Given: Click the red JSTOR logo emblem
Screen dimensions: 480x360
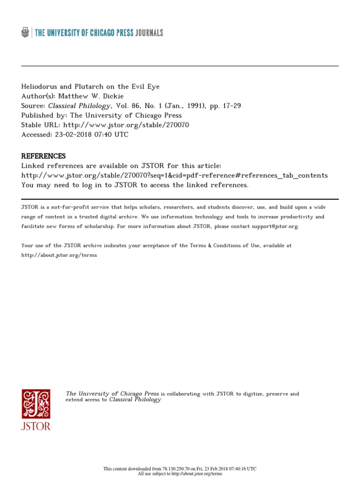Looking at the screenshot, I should coord(36,404).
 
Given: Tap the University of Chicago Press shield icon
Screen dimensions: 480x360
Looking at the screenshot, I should coord(25,32).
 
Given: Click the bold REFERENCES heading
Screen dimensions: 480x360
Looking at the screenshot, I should coord(44,156).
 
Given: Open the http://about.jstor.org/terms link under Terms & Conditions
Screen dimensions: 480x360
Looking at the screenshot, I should coord(59,255).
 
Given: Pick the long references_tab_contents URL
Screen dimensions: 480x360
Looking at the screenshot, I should coord(174,175).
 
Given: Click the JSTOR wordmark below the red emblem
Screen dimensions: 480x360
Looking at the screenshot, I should coord(36,426).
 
